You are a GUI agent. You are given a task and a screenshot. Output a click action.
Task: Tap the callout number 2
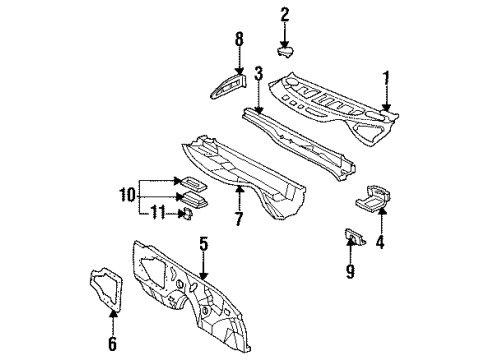pos(285,14)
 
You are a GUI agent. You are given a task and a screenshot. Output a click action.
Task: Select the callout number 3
pos(258,73)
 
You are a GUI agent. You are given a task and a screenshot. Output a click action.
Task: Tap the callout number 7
pos(239,218)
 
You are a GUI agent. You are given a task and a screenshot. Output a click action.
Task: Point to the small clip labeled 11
pos(186,212)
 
